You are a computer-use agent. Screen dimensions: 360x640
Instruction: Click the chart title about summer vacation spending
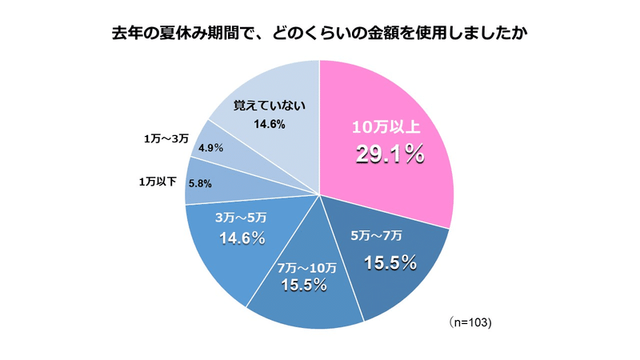[319, 34]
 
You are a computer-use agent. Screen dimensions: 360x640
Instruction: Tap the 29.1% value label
[389, 154]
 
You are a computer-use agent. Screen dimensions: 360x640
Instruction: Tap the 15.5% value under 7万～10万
[303, 285]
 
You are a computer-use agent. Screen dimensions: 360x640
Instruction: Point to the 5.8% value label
[200, 182]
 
